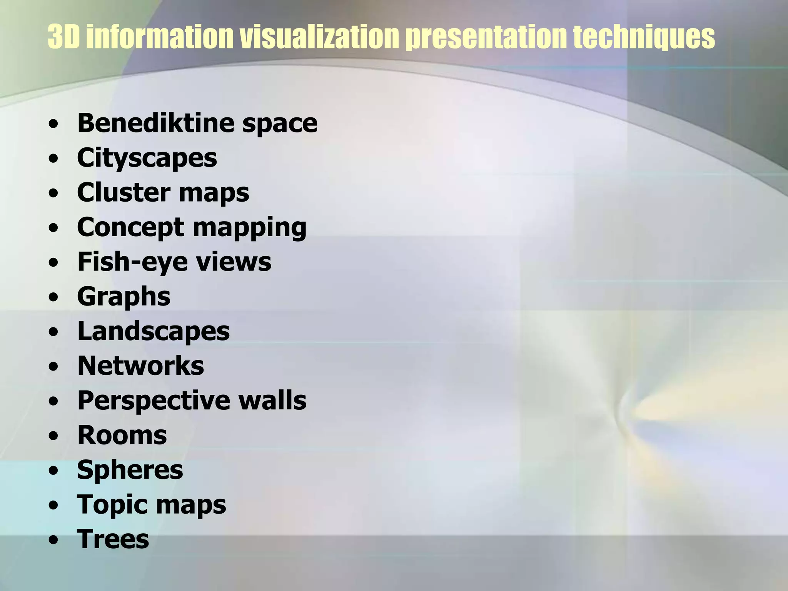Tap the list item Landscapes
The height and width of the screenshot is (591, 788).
coord(154,331)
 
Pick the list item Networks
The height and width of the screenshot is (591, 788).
coord(141,366)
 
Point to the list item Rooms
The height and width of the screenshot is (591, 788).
coord(122,435)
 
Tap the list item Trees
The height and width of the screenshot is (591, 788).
coord(113,539)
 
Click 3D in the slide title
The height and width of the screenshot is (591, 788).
coord(63,37)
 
